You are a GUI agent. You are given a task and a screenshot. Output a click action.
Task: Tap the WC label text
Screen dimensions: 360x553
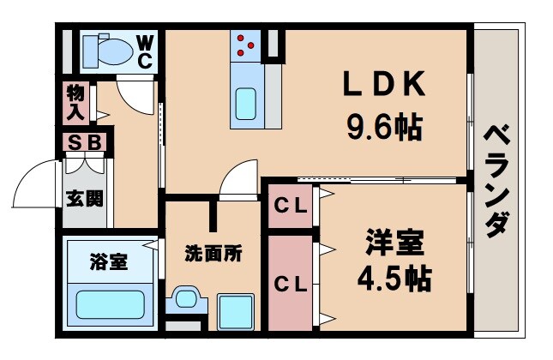(x=144, y=50)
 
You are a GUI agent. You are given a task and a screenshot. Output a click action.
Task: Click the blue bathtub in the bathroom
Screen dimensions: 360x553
(x=111, y=305)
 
